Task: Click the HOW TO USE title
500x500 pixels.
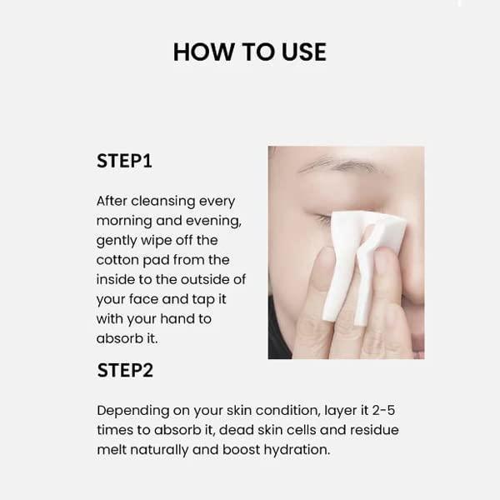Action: [250, 52]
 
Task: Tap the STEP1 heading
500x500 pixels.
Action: [124, 160]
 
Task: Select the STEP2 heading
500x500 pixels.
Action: [125, 370]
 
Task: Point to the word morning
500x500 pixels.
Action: [124, 222]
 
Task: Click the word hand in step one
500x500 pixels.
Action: [177, 319]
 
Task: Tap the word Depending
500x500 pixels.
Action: [133, 411]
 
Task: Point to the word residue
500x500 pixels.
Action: [374, 430]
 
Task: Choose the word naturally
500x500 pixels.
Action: [159, 450]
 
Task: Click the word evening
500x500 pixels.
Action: [213, 222]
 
